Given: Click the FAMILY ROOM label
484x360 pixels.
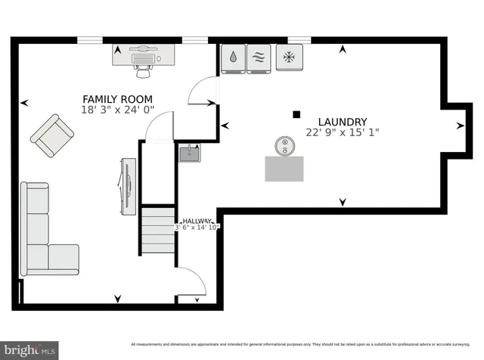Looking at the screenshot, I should point(117,99).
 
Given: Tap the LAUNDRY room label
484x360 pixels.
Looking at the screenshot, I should point(342,122).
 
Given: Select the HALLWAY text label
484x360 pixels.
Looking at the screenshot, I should point(197,221).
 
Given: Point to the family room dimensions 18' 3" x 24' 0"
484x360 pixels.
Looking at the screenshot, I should point(117,110).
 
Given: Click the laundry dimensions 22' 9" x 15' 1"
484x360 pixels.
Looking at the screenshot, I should point(342,132).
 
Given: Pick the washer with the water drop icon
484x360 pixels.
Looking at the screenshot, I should point(233,57).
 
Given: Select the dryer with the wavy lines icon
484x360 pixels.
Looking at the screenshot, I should point(259,57).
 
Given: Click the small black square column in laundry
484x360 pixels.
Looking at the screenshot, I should point(296,115).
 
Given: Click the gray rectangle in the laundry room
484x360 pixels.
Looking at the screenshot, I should point(285,168).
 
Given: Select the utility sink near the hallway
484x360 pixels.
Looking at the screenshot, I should point(188,154).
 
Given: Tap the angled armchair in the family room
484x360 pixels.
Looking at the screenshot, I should point(52,135).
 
